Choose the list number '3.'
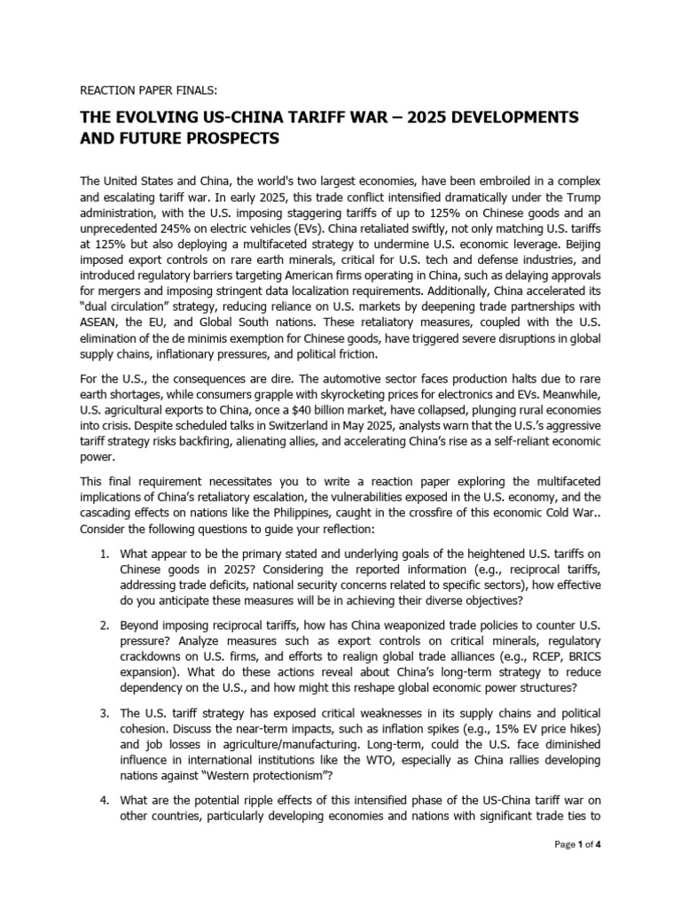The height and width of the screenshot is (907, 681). click(x=105, y=712)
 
